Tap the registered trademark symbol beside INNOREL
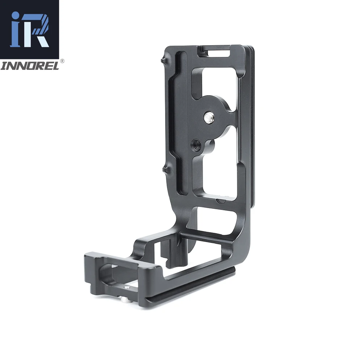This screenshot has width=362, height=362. pyautogui.click(x=62, y=62)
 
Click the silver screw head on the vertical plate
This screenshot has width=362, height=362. pyautogui.click(x=209, y=117)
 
